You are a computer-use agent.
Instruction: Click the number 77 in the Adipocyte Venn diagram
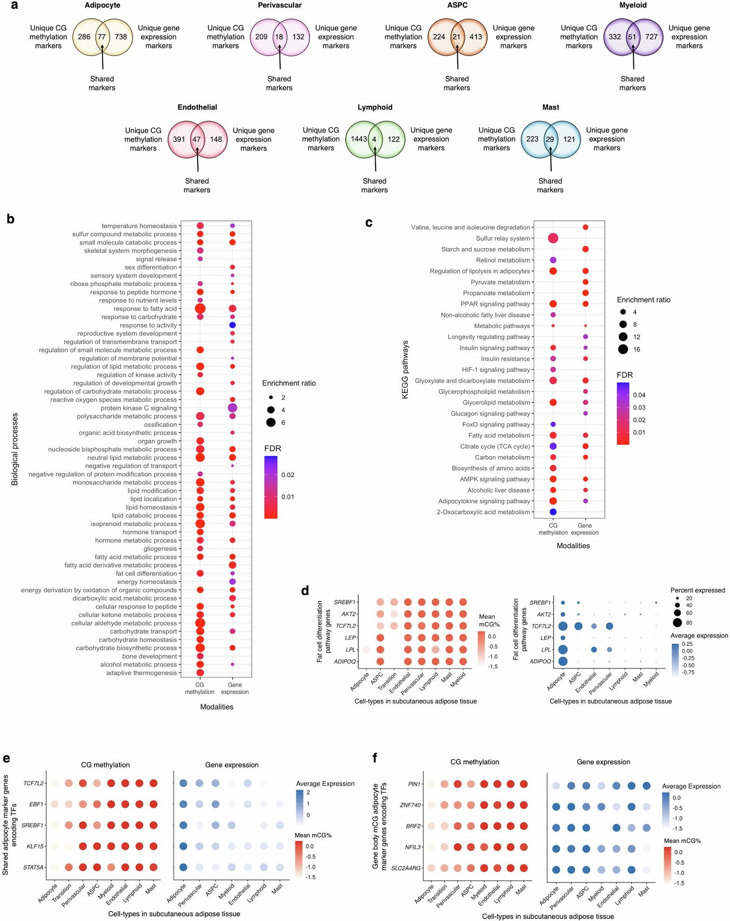(x=102, y=37)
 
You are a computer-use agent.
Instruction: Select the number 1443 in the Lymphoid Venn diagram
(x=358, y=139)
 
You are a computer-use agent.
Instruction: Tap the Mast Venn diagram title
(x=550, y=107)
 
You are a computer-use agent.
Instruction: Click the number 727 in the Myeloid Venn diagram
(x=651, y=37)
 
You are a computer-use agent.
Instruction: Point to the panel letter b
(x=11, y=219)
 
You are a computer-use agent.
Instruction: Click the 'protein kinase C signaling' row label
(x=138, y=408)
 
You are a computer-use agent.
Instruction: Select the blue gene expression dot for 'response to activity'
(x=232, y=325)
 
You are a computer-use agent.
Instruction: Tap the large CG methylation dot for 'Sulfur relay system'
(x=553, y=238)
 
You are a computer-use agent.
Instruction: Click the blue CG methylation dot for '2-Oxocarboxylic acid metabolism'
(x=553, y=512)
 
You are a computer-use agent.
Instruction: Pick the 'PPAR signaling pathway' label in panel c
(x=495, y=304)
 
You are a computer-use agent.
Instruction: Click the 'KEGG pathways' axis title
(x=405, y=370)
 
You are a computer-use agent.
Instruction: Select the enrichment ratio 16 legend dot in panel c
(x=623, y=350)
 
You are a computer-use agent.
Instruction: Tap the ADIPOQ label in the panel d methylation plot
(x=345, y=661)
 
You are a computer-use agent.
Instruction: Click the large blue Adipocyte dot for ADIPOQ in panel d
(x=562, y=661)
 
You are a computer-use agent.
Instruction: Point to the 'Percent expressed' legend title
(x=697, y=590)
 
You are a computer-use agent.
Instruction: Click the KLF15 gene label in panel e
(x=35, y=846)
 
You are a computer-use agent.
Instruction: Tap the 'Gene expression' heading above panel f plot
(x=603, y=762)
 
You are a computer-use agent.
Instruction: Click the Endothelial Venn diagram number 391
(x=179, y=140)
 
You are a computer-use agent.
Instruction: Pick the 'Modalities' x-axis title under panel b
(x=216, y=707)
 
